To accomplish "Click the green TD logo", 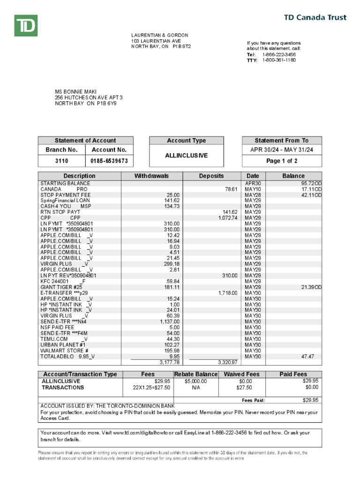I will pyautogui.click(x=25, y=25).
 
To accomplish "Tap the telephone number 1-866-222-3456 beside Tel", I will pyautogui.click(x=278, y=54).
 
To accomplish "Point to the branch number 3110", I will pyautogui.click(x=61, y=161).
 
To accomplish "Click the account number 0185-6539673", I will pyautogui.click(x=109, y=161).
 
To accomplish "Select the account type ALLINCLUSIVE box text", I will pyautogui.click(x=186, y=156).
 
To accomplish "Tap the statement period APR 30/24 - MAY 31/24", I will pyautogui.click(x=282, y=150).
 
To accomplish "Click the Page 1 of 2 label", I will pyautogui.click(x=282, y=161).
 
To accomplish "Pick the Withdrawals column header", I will pyautogui.click(x=151, y=176).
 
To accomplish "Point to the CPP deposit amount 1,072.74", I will pyautogui.click(x=228, y=218).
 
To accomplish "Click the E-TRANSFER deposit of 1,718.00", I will pyautogui.click(x=228, y=292).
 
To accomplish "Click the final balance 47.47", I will pyautogui.click(x=307, y=356).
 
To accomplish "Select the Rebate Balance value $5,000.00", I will pyautogui.click(x=195, y=381).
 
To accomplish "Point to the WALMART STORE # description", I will pyautogui.click(x=64, y=351).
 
